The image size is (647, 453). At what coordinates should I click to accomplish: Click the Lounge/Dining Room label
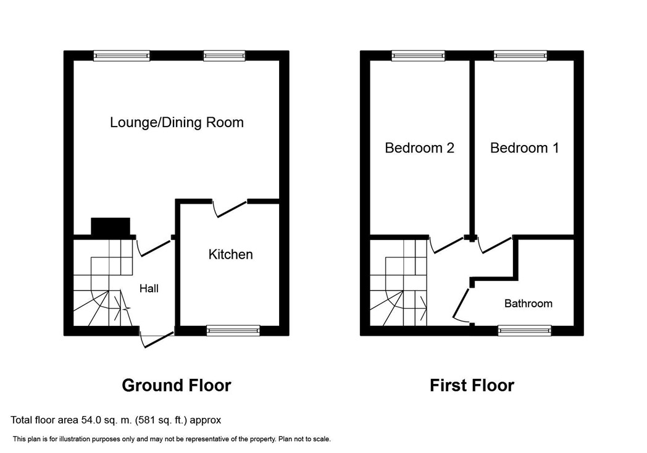coord(177,123)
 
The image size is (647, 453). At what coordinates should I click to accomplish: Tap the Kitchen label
coord(230,254)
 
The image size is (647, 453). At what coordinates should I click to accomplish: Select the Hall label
coord(149,288)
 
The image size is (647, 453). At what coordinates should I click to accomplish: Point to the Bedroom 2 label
coord(419,148)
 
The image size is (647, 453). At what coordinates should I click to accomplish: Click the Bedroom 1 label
coord(524,148)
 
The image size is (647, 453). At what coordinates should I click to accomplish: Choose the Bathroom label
coord(528,304)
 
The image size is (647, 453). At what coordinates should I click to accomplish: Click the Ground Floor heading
coord(177,385)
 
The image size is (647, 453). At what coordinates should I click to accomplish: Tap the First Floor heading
coord(472,385)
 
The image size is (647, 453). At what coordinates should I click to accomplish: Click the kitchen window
coord(233,330)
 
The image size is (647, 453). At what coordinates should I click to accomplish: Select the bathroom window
coord(524,330)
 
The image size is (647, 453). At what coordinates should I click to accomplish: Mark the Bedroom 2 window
coord(419,56)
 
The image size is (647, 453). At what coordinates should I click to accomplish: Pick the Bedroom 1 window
coord(520,56)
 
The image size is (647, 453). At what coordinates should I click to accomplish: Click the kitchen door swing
coord(230,209)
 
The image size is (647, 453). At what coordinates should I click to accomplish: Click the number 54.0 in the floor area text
coord(90,420)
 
